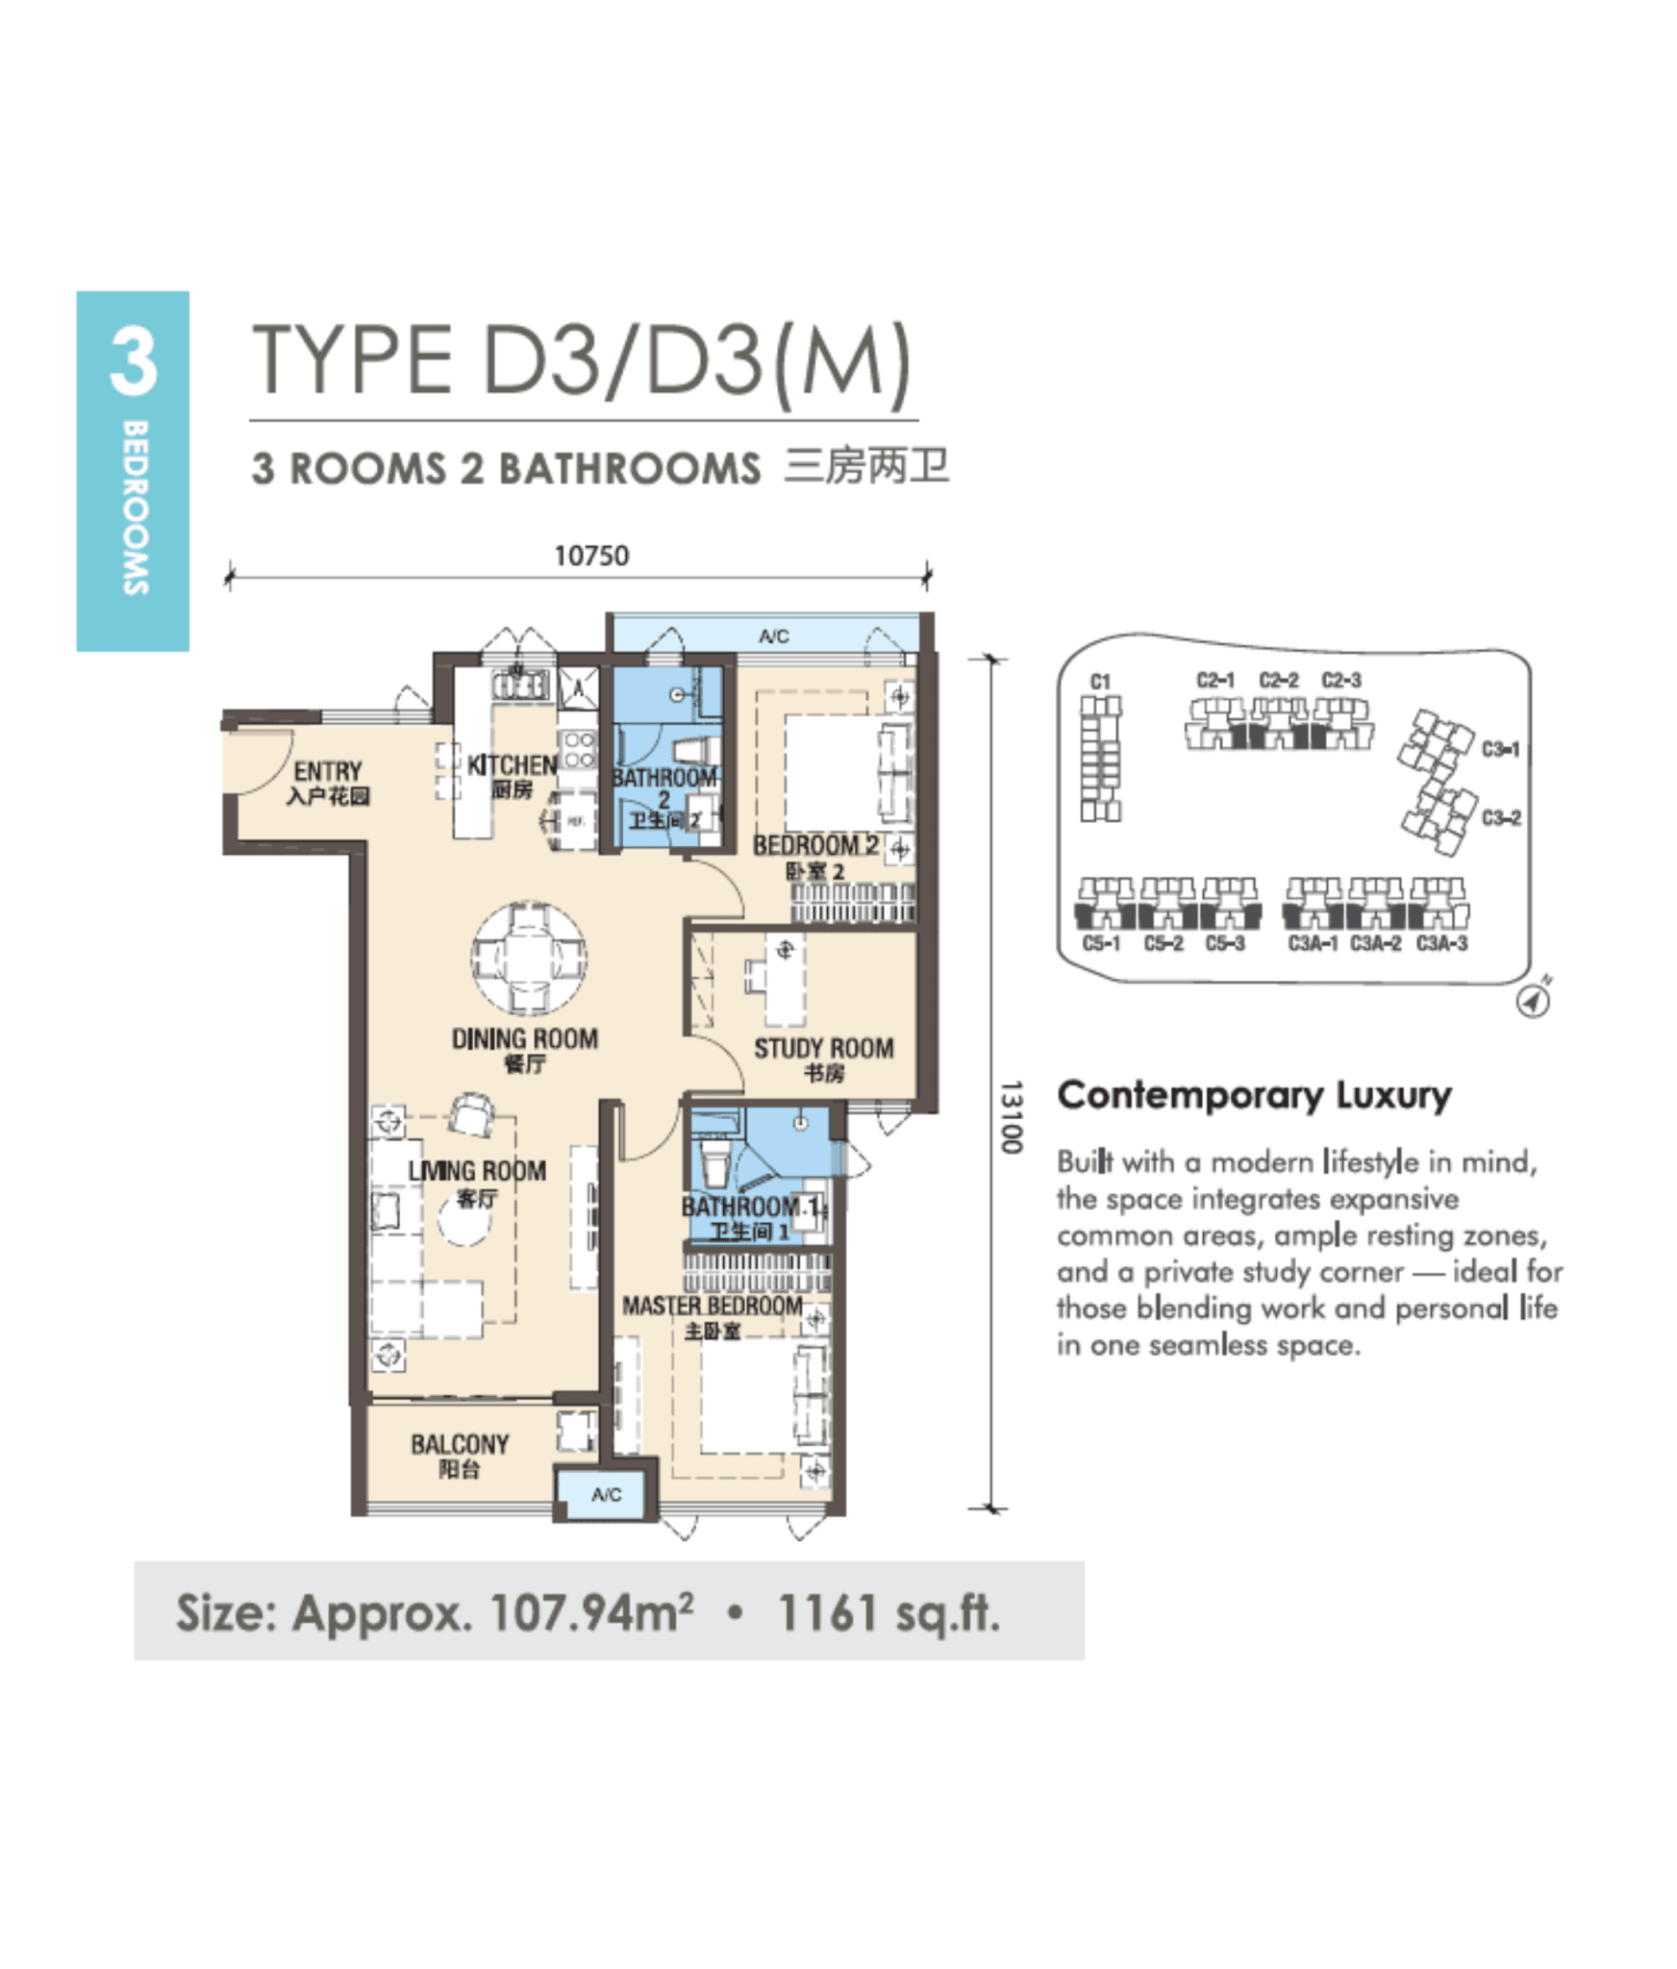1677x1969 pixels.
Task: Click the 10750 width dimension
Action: [x=590, y=555]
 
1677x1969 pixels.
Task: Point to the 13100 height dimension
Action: [x=1010, y=1115]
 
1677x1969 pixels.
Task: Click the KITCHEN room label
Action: [x=512, y=765]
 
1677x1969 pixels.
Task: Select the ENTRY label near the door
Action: [x=328, y=771]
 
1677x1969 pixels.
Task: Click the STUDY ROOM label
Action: [x=823, y=1048]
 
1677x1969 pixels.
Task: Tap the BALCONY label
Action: [x=460, y=1444]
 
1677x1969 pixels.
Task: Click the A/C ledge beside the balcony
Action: [x=605, y=1494]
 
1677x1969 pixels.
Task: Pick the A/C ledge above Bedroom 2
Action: [x=772, y=636]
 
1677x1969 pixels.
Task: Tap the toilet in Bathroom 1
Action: [x=714, y=1164]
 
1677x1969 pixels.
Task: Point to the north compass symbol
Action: [x=1533, y=1000]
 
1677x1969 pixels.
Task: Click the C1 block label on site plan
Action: [x=1100, y=681]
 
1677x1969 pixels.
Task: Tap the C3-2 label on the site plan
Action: [x=1500, y=818]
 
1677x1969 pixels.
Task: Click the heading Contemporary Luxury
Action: [x=1254, y=1095]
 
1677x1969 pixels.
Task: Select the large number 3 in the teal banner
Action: [x=133, y=361]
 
